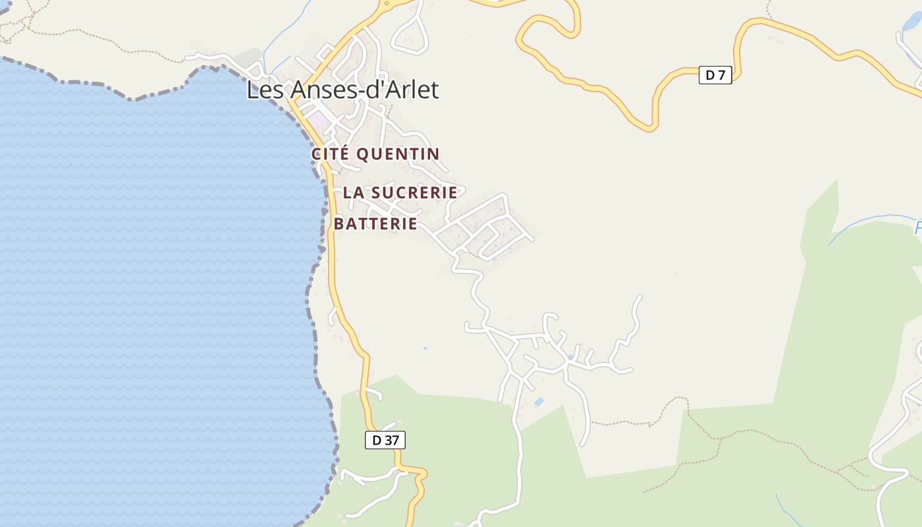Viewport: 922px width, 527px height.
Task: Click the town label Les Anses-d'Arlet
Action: [342, 90]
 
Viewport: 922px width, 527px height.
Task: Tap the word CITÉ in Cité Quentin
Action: [331, 154]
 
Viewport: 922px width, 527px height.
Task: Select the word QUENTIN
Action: [398, 154]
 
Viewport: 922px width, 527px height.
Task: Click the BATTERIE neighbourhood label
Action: [375, 224]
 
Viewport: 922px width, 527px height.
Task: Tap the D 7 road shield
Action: [715, 75]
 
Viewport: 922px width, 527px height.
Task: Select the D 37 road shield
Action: [385, 440]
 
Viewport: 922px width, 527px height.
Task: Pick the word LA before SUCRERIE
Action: [354, 192]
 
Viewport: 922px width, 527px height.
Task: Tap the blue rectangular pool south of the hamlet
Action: [539, 401]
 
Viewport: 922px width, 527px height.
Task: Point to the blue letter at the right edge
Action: [918, 229]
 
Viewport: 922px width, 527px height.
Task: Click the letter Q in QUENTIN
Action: [363, 154]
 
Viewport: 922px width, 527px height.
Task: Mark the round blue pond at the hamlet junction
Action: [570, 357]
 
